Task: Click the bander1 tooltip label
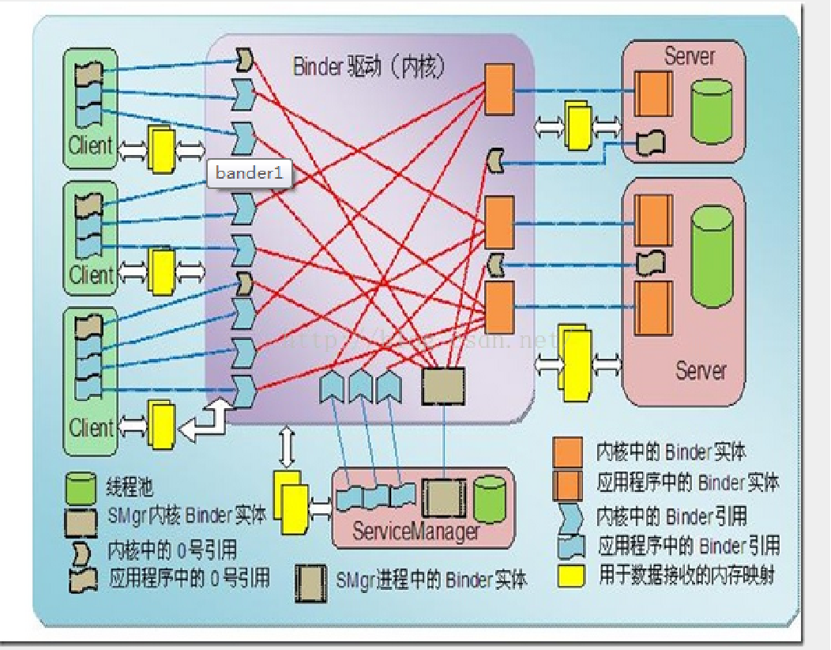tap(249, 174)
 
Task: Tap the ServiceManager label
tap(415, 531)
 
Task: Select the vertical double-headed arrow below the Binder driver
tap(286, 448)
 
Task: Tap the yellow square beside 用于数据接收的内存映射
tap(570, 575)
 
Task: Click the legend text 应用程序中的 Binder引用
tap(689, 546)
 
